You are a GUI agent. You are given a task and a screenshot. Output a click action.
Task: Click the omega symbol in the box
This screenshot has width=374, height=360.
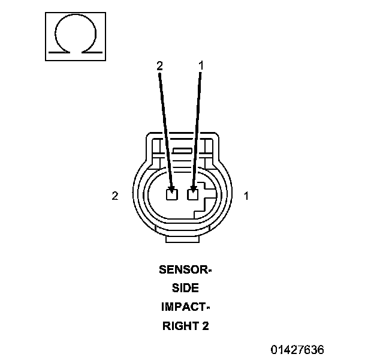[75, 37]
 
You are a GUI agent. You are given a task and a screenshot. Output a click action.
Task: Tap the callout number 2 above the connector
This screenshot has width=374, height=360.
[159, 66]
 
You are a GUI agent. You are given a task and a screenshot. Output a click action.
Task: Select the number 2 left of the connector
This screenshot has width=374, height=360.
[114, 196]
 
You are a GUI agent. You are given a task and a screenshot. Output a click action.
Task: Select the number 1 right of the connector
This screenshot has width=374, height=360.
[246, 196]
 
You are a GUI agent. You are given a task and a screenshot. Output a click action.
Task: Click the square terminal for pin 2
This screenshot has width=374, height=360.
[172, 194]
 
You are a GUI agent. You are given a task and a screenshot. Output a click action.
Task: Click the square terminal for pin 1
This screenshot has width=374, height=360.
[193, 194]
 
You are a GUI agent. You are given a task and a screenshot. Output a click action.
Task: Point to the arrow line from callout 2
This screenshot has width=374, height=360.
[165, 126]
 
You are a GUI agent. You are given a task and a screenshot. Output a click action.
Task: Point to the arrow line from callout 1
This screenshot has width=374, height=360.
[197, 126]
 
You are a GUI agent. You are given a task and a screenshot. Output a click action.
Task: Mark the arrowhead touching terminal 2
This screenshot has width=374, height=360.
[171, 185]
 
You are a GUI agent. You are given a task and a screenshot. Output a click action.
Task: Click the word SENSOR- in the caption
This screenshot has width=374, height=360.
[186, 269]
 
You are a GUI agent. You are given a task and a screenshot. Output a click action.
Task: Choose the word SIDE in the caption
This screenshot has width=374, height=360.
[186, 289]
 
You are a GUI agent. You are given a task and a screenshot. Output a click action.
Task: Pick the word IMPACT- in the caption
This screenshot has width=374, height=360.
[186, 307]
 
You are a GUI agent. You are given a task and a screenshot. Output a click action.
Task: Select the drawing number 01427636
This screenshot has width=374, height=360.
[297, 349]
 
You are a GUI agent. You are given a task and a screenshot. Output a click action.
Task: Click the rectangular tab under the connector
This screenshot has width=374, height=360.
[183, 239]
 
